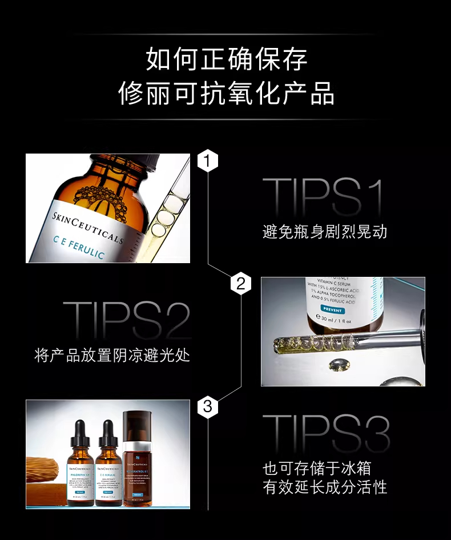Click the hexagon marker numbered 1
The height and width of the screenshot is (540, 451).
(x=208, y=162)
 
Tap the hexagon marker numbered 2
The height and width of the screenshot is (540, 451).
(x=240, y=283)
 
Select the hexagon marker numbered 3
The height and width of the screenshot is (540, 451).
(x=208, y=406)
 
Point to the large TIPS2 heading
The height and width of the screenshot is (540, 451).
(x=127, y=321)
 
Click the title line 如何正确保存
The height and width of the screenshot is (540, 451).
(x=226, y=59)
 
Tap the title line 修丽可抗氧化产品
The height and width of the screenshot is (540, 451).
(x=226, y=93)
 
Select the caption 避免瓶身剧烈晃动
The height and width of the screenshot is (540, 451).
(x=325, y=232)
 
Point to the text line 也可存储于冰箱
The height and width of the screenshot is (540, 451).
(x=316, y=469)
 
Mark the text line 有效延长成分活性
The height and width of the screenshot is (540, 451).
(x=325, y=487)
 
